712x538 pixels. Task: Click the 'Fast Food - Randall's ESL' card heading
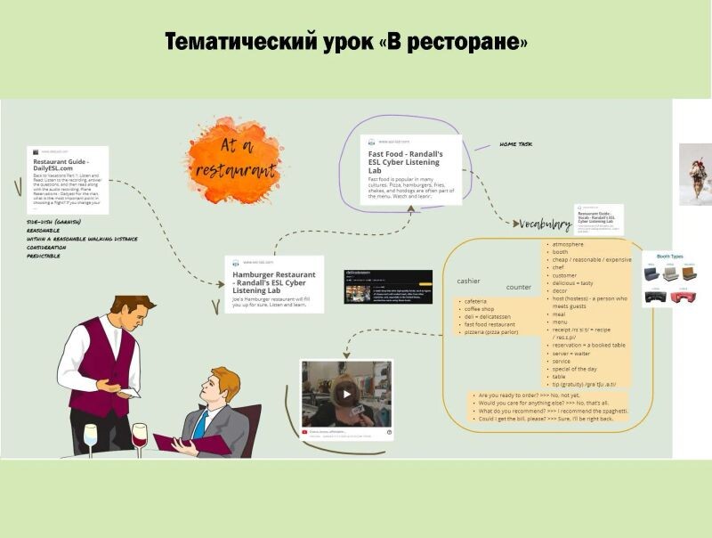(406, 159)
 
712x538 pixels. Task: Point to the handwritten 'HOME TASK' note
(515, 143)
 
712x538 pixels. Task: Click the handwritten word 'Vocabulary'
(546, 224)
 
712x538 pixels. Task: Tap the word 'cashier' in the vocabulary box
(468, 281)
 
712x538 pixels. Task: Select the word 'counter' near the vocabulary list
(519, 287)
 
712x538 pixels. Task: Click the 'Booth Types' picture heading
(669, 257)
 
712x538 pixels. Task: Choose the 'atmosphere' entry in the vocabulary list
(568, 244)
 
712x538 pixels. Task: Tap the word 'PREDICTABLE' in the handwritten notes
(44, 257)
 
